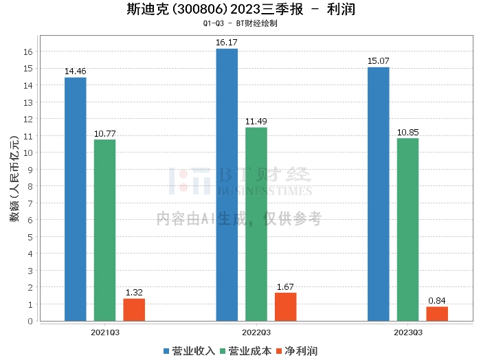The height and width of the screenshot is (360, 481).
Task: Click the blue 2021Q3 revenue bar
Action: pyautogui.click(x=76, y=199)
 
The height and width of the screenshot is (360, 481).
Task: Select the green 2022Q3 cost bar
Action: pyautogui.click(x=256, y=224)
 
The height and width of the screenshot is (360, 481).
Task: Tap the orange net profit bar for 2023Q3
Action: pyautogui.click(x=437, y=314)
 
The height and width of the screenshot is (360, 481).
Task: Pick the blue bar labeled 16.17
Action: pyautogui.click(x=227, y=185)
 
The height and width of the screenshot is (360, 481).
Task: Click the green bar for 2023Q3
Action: pyautogui.click(x=407, y=229)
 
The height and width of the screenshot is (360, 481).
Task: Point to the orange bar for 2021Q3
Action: pyautogui.click(x=134, y=310)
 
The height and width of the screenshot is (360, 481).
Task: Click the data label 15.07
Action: pyautogui.click(x=378, y=61)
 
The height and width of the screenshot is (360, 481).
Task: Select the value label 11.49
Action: pyautogui.click(x=256, y=122)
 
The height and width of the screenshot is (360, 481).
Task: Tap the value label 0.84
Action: pyautogui.click(x=437, y=301)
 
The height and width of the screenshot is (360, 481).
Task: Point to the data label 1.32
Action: pyautogui.click(x=134, y=293)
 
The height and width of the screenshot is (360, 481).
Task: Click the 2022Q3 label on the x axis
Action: pyautogui.click(x=256, y=333)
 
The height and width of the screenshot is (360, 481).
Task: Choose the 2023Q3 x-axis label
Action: pyautogui.click(x=408, y=333)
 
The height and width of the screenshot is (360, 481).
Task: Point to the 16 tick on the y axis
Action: pyautogui.click(x=28, y=52)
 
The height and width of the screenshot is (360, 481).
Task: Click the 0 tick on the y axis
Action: pyautogui.click(x=30, y=321)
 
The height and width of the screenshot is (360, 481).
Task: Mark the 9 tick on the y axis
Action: pyautogui.click(x=30, y=170)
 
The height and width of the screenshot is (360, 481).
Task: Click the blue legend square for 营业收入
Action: pyautogui.click(x=166, y=351)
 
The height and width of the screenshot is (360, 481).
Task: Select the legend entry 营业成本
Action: pyautogui.click(x=246, y=351)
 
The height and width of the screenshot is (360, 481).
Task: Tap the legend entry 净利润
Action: pyautogui.click(x=297, y=351)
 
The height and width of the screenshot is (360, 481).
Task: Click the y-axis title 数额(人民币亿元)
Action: pyautogui.click(x=14, y=179)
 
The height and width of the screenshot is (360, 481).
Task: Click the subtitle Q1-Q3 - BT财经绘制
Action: pyautogui.click(x=240, y=23)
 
